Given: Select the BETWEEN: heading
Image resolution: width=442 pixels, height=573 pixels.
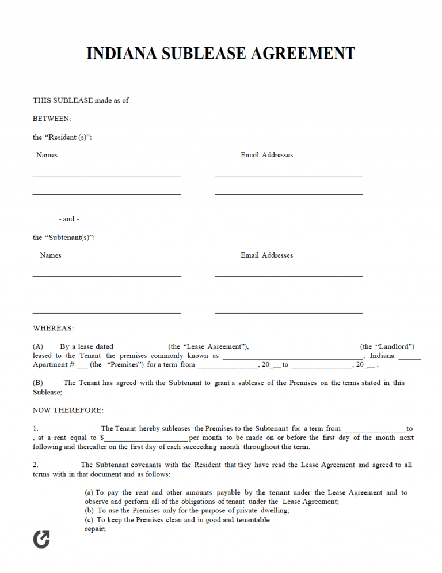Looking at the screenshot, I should tap(52, 119).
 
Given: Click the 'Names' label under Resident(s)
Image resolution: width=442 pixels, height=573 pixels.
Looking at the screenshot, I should tap(47, 155).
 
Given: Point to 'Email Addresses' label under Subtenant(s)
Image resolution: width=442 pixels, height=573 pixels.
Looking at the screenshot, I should tap(266, 255).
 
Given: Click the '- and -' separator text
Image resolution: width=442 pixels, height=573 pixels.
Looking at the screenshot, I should tap(69, 219).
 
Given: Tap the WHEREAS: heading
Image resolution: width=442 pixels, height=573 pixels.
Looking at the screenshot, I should tap(53, 329).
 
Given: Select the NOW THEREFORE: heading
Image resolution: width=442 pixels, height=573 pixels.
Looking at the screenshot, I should tap(68, 410).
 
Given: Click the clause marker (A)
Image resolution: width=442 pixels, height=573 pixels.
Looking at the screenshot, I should tap(38, 347).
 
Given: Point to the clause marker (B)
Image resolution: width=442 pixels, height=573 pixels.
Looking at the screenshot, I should tap(38, 383).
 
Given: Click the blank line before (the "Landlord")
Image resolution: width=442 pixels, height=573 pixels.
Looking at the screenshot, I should tap(306, 349).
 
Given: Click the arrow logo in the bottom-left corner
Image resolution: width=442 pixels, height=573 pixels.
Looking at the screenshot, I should tap(41, 539).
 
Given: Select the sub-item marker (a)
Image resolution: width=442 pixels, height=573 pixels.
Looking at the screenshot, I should tap(89, 493).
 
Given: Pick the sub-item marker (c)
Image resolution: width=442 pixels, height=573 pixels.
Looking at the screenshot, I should tap(89, 520).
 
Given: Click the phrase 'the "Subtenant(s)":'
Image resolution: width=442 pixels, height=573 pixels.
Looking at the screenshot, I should tap(63, 238).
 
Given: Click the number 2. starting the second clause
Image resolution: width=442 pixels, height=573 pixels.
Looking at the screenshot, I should tap(36, 465).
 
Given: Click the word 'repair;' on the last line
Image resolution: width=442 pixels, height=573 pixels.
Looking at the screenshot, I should tap(95, 529).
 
